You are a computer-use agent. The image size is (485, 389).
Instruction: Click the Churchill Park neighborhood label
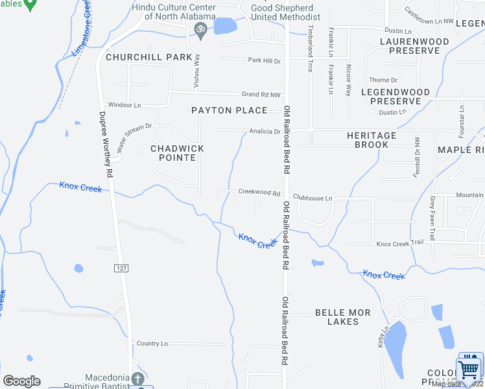click(149, 57)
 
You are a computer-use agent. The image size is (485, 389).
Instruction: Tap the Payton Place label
click(230, 110)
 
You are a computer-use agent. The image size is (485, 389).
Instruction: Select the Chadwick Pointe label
click(177, 153)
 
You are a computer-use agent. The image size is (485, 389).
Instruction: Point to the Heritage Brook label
click(371, 140)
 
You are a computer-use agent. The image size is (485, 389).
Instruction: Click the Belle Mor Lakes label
click(343, 317)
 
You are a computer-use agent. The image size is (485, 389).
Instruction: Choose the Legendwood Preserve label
click(396, 97)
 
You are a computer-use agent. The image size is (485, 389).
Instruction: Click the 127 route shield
click(121, 268)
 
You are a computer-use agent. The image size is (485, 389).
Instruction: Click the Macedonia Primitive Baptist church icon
click(137, 378)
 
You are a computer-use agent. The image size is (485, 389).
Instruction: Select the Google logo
click(21, 381)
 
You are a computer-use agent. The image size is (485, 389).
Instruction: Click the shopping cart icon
click(470, 370)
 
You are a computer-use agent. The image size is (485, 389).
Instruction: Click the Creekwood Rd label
click(259, 193)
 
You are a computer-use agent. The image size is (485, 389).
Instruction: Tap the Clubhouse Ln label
click(312, 198)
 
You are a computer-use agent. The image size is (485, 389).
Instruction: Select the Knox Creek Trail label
click(400, 243)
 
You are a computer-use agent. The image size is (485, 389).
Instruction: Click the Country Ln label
click(152, 343)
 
